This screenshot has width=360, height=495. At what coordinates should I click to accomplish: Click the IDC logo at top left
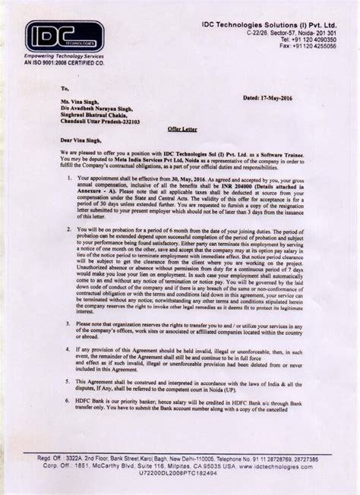tap(64, 36)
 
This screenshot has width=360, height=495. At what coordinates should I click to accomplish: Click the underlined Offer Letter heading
tap(180, 130)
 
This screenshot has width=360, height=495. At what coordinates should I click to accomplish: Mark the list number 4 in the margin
tap(69, 350)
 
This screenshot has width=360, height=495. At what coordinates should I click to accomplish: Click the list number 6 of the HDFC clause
tap(69, 404)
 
